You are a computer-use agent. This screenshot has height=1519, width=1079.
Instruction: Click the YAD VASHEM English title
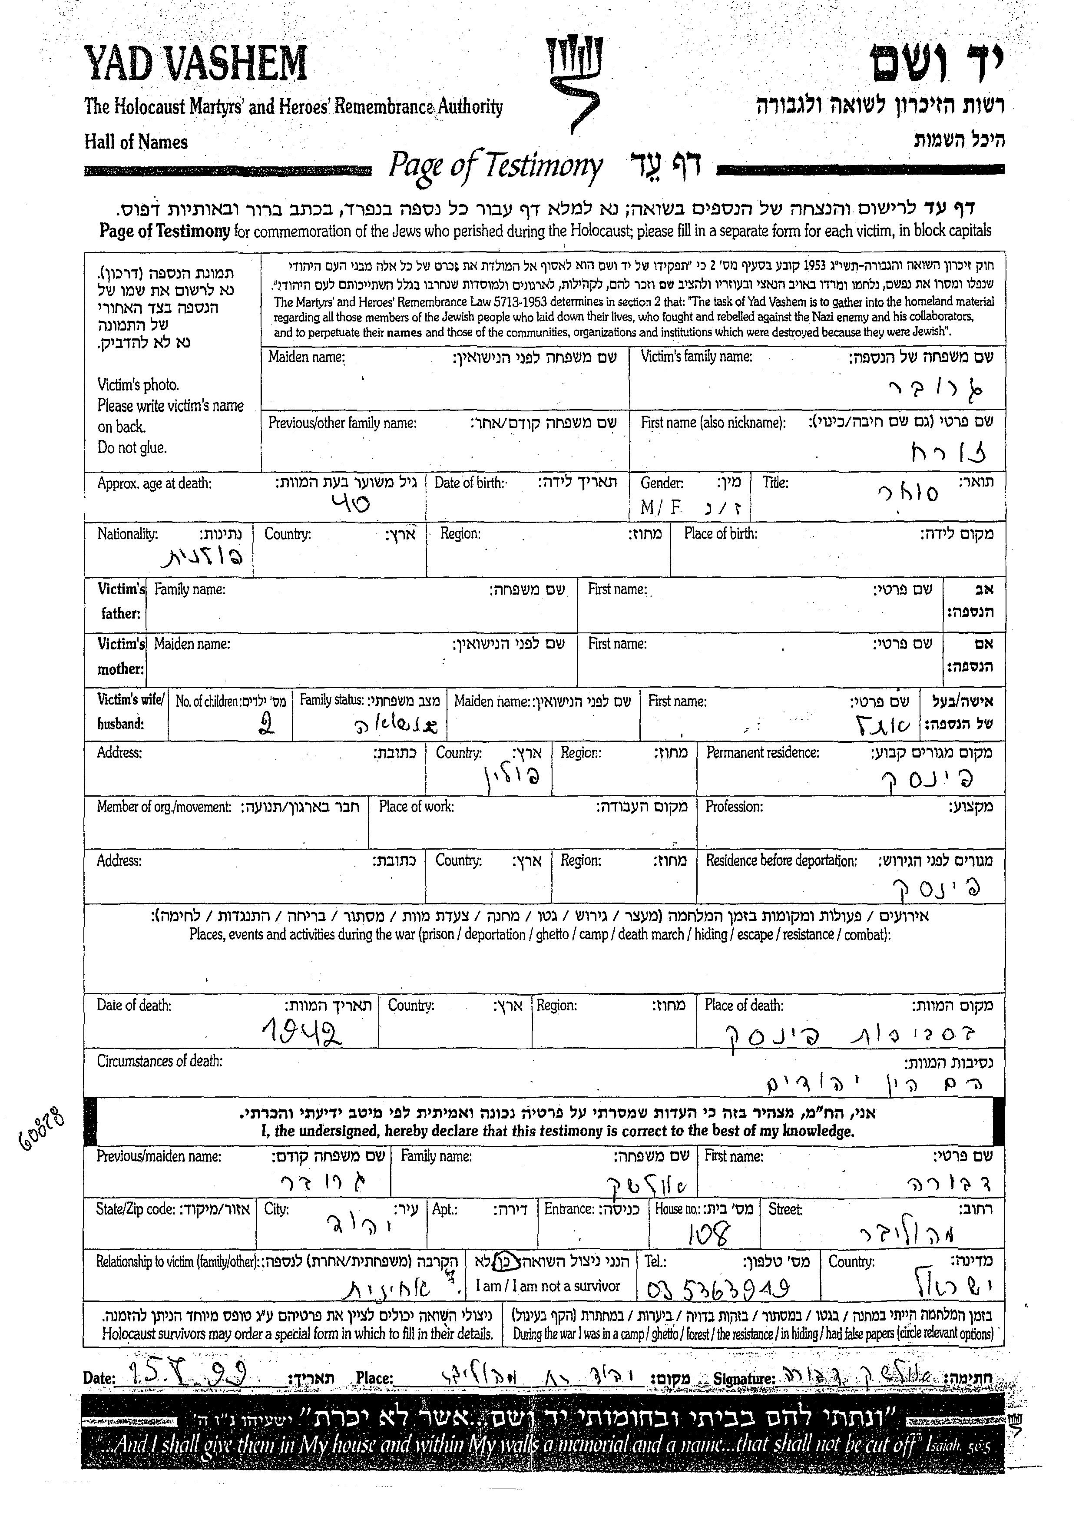point(195,64)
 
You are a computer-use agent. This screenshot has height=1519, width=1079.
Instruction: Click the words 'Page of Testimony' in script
point(495,166)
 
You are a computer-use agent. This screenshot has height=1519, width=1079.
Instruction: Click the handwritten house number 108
point(708,1234)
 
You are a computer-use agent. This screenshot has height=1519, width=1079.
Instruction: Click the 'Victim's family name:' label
point(696,357)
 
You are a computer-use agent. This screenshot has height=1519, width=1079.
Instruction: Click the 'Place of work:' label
point(416,807)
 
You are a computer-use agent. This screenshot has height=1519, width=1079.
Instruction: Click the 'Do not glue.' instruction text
point(132,448)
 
